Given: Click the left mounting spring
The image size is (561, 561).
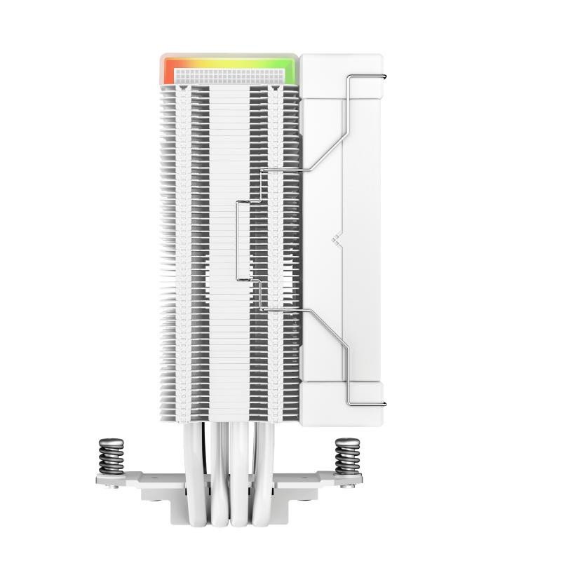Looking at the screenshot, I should [111, 457].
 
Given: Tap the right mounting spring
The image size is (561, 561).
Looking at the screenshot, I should [347, 457].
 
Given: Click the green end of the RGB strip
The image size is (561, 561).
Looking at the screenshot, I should [290, 70].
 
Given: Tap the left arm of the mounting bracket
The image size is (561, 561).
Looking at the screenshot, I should [126, 480].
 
